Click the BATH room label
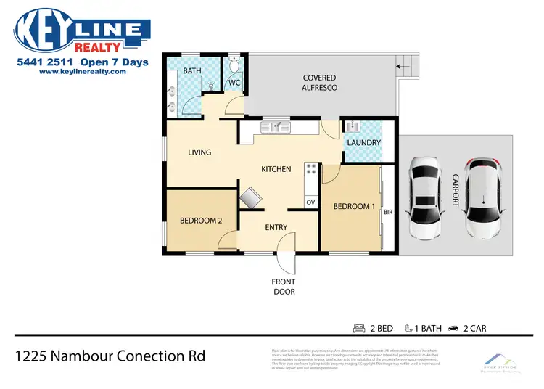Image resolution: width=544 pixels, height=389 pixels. (192, 71)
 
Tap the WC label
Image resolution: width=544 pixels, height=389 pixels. (234, 83)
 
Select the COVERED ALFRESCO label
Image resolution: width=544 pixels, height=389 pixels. (320, 82)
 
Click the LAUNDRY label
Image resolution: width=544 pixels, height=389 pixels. (363, 143)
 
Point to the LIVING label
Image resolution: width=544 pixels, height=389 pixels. (199, 152)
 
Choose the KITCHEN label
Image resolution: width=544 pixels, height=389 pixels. (276, 169)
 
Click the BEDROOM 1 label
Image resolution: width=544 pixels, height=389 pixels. (354, 207)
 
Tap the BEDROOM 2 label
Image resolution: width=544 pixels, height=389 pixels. (201, 221)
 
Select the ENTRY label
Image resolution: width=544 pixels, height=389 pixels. (276, 227)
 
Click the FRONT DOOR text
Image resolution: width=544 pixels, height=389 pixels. (284, 287)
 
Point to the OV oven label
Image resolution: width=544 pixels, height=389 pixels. (310, 202)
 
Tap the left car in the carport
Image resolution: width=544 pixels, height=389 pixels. (425, 198)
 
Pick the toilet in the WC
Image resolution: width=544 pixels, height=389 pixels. (233, 67)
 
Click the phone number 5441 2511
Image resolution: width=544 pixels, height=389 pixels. (45, 62)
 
